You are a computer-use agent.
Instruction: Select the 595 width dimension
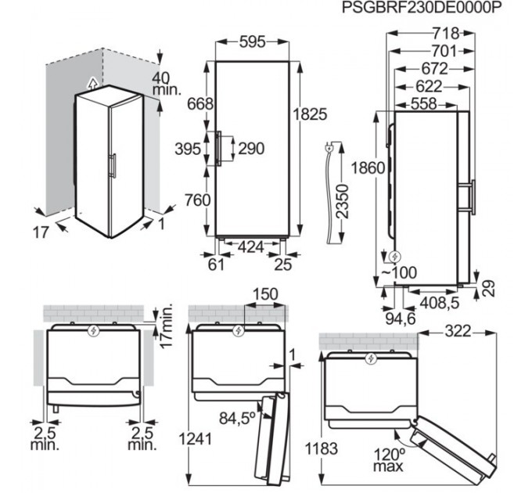click(253, 41)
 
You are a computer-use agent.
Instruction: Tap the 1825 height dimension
click(310, 113)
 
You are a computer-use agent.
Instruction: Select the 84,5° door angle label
click(238, 419)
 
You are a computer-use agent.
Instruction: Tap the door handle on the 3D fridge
click(115, 167)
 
